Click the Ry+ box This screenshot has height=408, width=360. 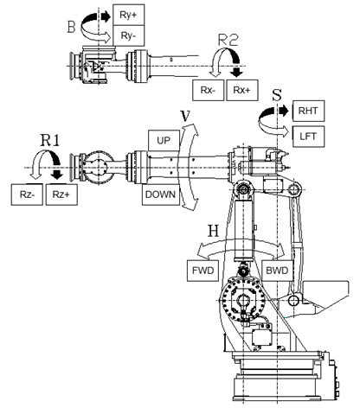coord(128,15)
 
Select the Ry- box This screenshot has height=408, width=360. coord(128,35)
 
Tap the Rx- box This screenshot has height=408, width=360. coord(208,90)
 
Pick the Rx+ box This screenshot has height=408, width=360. coord(242,90)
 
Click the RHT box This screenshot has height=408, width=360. coord(308,111)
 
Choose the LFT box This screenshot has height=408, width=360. coord(308,137)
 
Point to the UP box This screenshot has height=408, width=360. coord(164,140)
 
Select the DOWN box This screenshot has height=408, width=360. coord(161,194)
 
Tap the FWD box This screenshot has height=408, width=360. coord(203,271)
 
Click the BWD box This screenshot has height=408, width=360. coord(277,271)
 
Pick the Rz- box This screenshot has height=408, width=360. coord(27,194)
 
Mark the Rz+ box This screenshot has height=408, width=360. coord(61,194)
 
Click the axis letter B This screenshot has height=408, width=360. coord(72,27)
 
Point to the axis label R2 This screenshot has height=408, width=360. coord(228,40)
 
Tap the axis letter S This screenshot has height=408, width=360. coord(277,95)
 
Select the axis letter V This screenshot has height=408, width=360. coord(185,115)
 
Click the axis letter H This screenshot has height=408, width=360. coord(214,231)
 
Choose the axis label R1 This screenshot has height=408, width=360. coord(49,140)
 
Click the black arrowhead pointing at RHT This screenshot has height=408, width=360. coord(284,111)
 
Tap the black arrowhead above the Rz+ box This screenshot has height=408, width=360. coord(57,175)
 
